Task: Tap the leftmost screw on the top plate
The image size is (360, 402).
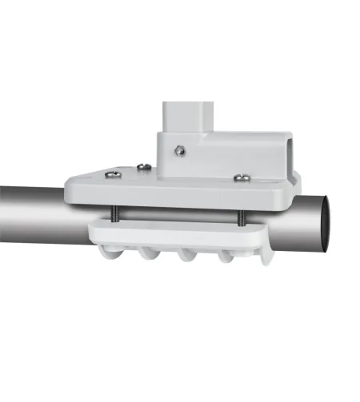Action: click(114, 173)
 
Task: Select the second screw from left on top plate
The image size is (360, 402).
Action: click(143, 167)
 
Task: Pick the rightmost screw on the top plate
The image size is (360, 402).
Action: click(240, 177)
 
